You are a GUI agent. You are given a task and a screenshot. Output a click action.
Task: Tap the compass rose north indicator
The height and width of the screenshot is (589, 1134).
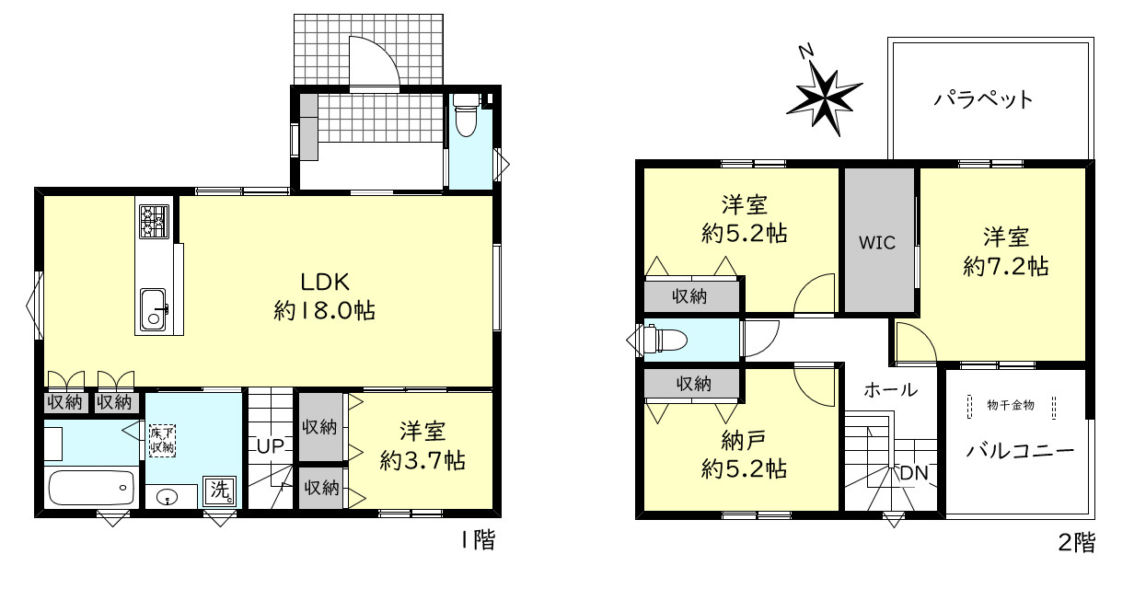(823, 91)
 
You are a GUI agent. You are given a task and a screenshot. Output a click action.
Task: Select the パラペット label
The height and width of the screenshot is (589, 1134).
(982, 98)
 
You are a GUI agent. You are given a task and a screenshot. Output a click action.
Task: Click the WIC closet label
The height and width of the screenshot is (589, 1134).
(877, 243)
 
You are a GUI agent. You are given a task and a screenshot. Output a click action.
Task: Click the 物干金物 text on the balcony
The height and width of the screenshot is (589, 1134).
(1012, 404)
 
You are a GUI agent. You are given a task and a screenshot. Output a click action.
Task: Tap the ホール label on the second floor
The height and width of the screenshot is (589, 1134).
(890, 390)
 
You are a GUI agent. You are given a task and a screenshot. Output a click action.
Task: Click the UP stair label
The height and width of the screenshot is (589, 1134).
(270, 447)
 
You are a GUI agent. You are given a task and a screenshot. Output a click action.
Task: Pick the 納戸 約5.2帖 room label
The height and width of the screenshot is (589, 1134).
(743, 453)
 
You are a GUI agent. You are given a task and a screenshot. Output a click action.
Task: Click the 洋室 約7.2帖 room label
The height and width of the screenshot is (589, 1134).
(1005, 251)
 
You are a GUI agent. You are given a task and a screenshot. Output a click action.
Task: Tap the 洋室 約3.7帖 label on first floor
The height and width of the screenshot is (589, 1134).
(422, 445)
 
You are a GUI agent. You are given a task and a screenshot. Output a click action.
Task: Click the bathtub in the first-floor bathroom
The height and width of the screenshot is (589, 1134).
(89, 486)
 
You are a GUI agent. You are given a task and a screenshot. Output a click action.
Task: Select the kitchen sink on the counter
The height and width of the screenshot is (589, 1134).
(153, 308)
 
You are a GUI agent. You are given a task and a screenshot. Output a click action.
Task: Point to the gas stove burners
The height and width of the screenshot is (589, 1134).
(153, 221)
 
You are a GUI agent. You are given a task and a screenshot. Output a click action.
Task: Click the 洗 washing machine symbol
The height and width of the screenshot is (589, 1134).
(219, 491)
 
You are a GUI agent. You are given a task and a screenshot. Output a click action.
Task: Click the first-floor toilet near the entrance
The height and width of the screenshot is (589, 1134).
(466, 115)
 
